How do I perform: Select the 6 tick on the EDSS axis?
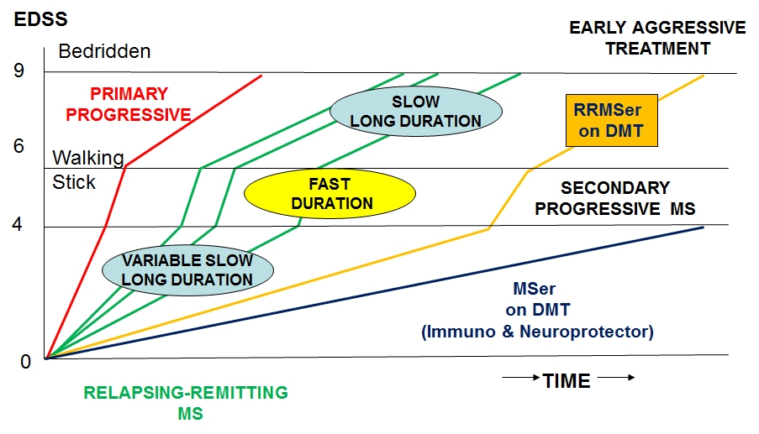[x=19, y=146]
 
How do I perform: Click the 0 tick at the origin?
[x=25, y=362]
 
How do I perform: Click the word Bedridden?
[x=104, y=51]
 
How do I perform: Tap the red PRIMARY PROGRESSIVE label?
[x=129, y=104]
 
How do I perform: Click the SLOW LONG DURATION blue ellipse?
[x=415, y=111]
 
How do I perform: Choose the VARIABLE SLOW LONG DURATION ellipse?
[x=187, y=269]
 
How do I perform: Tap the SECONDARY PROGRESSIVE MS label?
[x=614, y=198]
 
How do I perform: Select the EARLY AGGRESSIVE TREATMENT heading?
[x=657, y=38]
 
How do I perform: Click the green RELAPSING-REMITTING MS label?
[x=186, y=402]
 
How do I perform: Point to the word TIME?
[x=567, y=381]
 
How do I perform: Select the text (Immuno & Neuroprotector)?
[x=536, y=332]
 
